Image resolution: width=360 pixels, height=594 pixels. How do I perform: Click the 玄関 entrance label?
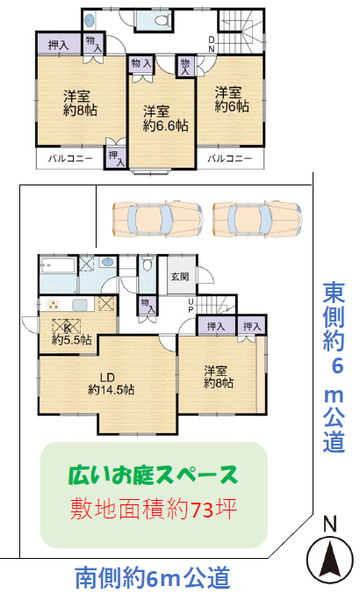[180, 276]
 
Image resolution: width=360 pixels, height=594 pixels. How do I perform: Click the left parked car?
[157, 220]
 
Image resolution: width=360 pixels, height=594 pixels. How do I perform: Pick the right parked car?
[257, 220]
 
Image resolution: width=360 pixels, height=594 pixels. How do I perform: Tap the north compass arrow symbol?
[330, 559]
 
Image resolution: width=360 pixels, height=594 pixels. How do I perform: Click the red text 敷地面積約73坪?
[154, 509]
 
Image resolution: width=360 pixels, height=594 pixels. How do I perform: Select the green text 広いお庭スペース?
[153, 475]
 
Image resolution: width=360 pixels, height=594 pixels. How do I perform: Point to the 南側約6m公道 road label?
[153, 577]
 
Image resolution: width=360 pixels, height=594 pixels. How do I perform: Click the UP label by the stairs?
[191, 306]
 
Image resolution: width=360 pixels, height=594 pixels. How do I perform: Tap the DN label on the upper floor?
[212, 44]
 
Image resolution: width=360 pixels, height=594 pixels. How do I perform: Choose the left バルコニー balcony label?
[70, 158]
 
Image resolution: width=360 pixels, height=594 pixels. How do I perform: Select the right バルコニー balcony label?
[230, 158]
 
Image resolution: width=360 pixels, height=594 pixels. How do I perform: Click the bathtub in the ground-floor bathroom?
[58, 266]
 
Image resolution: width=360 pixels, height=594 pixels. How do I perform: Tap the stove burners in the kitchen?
[53, 304]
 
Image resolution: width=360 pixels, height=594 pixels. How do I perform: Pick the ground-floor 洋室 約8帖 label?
[219, 377]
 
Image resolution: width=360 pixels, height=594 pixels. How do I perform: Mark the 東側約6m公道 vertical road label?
[334, 367]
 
